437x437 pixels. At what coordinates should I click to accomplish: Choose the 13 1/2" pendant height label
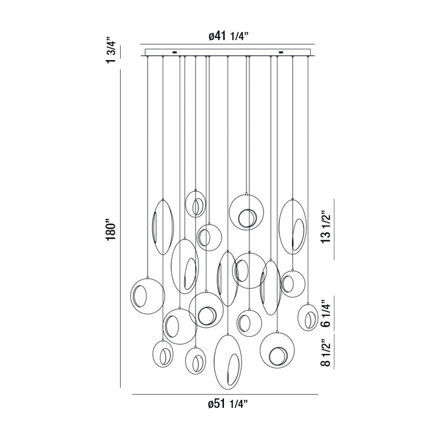click(327, 226)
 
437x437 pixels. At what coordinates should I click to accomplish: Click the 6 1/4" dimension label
click(327, 312)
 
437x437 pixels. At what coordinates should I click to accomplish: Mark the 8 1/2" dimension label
click(327, 354)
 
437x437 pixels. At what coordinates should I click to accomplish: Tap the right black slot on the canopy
click(281, 53)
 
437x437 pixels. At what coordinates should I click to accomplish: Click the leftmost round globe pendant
click(147, 297)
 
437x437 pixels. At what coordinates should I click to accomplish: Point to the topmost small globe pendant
click(195, 204)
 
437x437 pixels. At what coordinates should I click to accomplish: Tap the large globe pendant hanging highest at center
click(246, 212)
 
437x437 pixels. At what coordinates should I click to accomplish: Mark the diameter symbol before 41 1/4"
click(212, 36)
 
